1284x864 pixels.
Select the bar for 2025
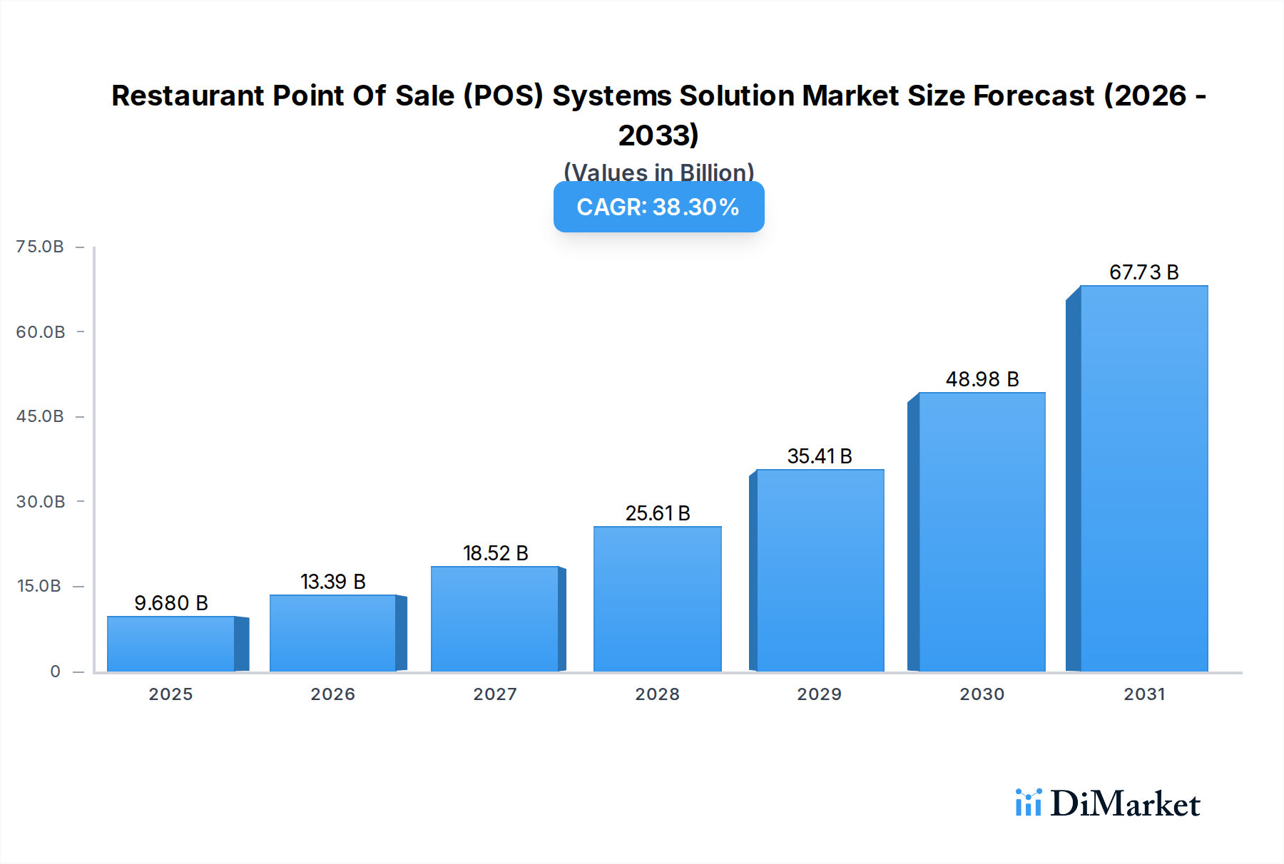(x=171, y=644)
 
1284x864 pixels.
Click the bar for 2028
(x=657, y=599)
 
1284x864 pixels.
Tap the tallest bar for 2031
(x=1143, y=478)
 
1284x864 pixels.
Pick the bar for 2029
(x=820, y=570)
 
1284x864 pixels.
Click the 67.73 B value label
(x=1143, y=272)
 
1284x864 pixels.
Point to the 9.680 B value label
(x=171, y=603)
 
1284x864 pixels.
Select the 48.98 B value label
(x=982, y=379)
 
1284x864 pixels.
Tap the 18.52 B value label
(x=495, y=553)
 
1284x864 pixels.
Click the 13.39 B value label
(x=332, y=582)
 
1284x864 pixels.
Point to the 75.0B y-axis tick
(x=40, y=247)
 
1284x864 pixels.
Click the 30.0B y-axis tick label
(x=41, y=502)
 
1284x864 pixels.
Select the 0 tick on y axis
(x=55, y=672)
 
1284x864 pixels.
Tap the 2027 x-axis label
(x=495, y=694)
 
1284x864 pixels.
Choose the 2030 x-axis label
(x=982, y=694)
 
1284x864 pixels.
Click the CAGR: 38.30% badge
(x=658, y=207)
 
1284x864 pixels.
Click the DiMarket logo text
(x=1125, y=804)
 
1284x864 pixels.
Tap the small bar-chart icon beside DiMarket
(x=1028, y=803)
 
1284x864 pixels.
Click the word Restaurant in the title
(x=187, y=96)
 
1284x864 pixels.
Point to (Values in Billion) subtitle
(x=658, y=172)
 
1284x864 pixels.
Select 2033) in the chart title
(x=658, y=135)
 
